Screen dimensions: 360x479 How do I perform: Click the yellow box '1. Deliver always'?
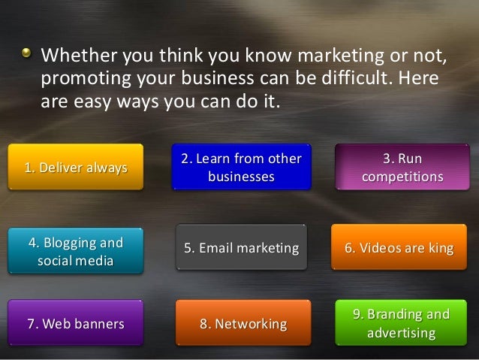tap(75, 167)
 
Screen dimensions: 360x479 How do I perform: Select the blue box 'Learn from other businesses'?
tap(241, 167)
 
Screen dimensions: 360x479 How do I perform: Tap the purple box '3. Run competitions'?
tap(402, 167)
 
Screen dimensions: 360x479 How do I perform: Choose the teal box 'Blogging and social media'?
tap(75, 252)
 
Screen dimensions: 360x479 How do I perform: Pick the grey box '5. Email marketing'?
tap(241, 248)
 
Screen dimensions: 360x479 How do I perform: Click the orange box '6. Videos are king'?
tap(399, 248)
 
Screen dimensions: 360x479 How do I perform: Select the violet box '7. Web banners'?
tap(75, 324)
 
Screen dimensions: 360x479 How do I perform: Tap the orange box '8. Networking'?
tap(243, 324)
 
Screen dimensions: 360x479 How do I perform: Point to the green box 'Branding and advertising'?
tap(402, 323)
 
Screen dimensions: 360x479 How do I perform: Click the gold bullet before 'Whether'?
tap(26, 54)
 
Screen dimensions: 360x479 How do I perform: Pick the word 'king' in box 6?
tap(439, 248)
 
